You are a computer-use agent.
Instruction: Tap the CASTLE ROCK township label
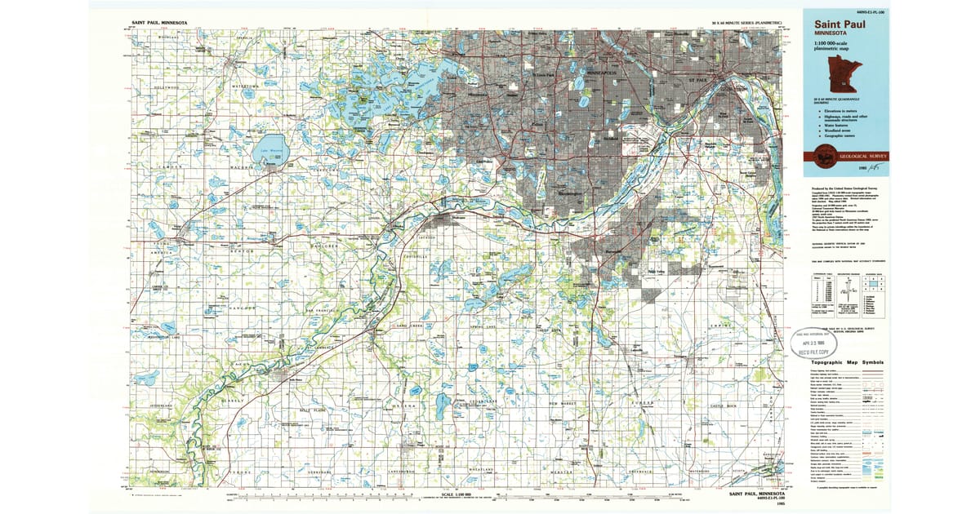tap(724, 405)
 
